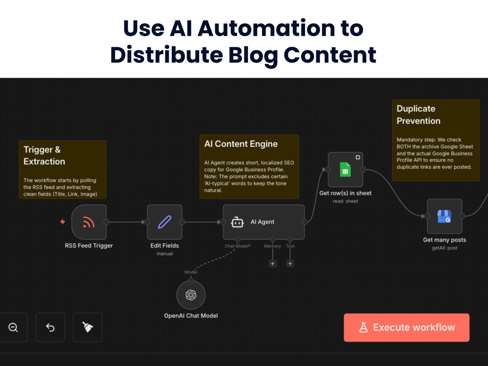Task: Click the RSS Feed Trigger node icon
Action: coord(89,222)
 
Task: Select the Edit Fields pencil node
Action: coord(164,222)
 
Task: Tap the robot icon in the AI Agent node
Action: coord(237,222)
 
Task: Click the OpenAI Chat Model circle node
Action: coord(191,295)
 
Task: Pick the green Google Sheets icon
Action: coord(346,170)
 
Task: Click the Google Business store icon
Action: coord(445,216)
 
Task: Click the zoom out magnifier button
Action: coord(13,327)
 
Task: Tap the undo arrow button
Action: coord(50,327)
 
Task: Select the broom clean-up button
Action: coord(87,327)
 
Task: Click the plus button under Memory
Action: coord(273,264)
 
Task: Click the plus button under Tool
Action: coord(290,264)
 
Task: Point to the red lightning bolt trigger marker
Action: coord(62,222)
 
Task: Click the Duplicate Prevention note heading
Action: coord(418,115)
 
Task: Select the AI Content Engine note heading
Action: coord(241,144)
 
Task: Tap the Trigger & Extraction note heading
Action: coord(44,156)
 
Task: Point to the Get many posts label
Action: coord(445,240)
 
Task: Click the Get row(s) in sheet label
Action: coord(346,193)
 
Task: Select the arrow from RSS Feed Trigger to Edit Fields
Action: coord(126,222)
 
